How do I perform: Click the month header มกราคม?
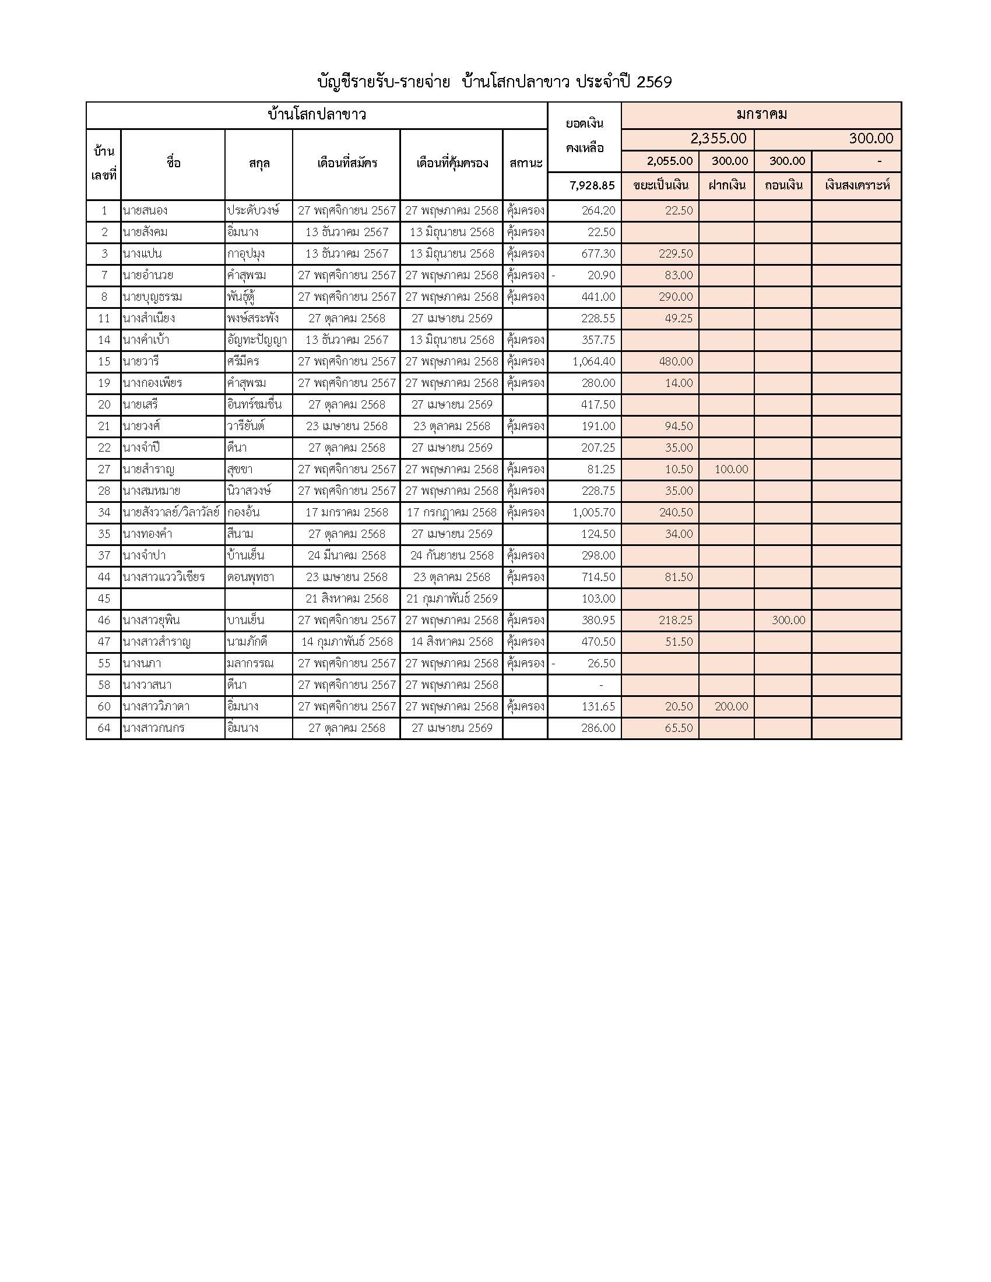tap(761, 114)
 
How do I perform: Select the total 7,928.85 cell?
tap(592, 185)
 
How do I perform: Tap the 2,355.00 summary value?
tap(718, 139)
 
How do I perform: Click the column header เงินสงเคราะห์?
tap(857, 185)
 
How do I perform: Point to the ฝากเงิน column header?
tap(726, 185)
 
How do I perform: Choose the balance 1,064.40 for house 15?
tap(593, 362)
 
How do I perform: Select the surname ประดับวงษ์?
tap(253, 211)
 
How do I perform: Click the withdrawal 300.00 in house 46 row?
tap(788, 621)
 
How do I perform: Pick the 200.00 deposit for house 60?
tap(731, 707)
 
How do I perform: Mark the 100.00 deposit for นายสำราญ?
tap(731, 470)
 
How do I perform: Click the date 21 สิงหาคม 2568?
tap(346, 598)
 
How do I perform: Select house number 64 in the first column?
tap(104, 728)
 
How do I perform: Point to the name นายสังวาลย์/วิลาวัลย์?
tap(171, 512)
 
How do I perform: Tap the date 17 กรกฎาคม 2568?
tap(451, 512)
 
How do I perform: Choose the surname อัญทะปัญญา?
tap(256, 340)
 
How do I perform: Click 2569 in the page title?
tap(654, 82)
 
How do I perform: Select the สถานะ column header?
tap(525, 163)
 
